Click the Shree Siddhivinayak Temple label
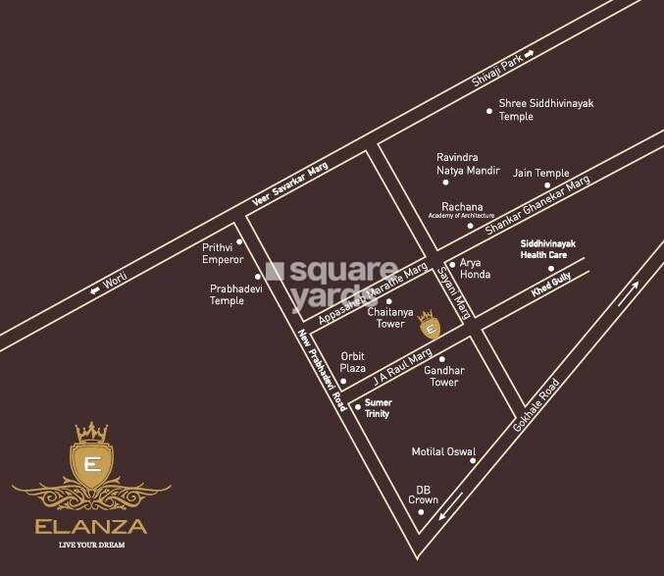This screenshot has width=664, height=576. tap(546, 109)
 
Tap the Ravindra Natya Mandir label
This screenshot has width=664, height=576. tap(468, 163)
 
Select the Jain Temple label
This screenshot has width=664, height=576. tap(540, 173)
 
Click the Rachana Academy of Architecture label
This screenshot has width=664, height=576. tap(463, 210)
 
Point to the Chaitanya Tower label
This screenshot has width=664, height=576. tap(385, 317)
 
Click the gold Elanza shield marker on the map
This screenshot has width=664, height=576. tap(427, 323)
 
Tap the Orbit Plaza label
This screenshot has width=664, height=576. tap(352, 362)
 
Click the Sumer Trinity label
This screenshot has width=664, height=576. tap(377, 408)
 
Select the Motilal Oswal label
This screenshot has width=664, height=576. tap(442, 452)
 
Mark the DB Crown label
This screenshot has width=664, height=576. tap(423, 495)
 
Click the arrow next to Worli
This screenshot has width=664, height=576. tap(95, 288)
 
